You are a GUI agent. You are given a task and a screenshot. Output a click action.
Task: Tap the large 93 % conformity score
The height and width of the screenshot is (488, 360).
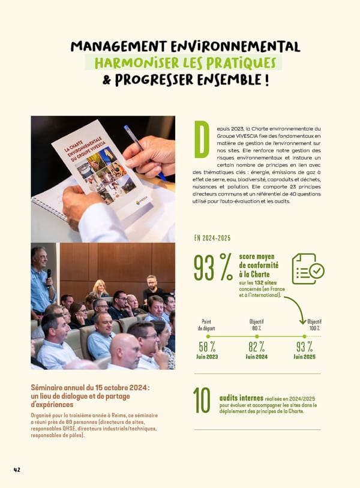(212, 267)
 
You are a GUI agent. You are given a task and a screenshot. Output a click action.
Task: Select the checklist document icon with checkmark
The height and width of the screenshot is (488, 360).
(307, 269)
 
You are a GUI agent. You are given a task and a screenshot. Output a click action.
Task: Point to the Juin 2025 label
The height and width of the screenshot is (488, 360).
(306, 357)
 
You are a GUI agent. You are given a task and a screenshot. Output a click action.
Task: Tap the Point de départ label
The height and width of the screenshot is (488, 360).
(207, 324)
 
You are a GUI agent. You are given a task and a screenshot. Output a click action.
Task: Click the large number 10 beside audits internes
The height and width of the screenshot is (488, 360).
(202, 401)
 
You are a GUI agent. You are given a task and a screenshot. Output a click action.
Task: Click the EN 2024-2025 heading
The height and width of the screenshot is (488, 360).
(212, 238)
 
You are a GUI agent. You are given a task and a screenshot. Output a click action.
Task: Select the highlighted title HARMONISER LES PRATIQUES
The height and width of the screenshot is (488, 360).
(183, 63)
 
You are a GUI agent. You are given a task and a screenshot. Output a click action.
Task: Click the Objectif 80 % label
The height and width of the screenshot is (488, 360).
(257, 324)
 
